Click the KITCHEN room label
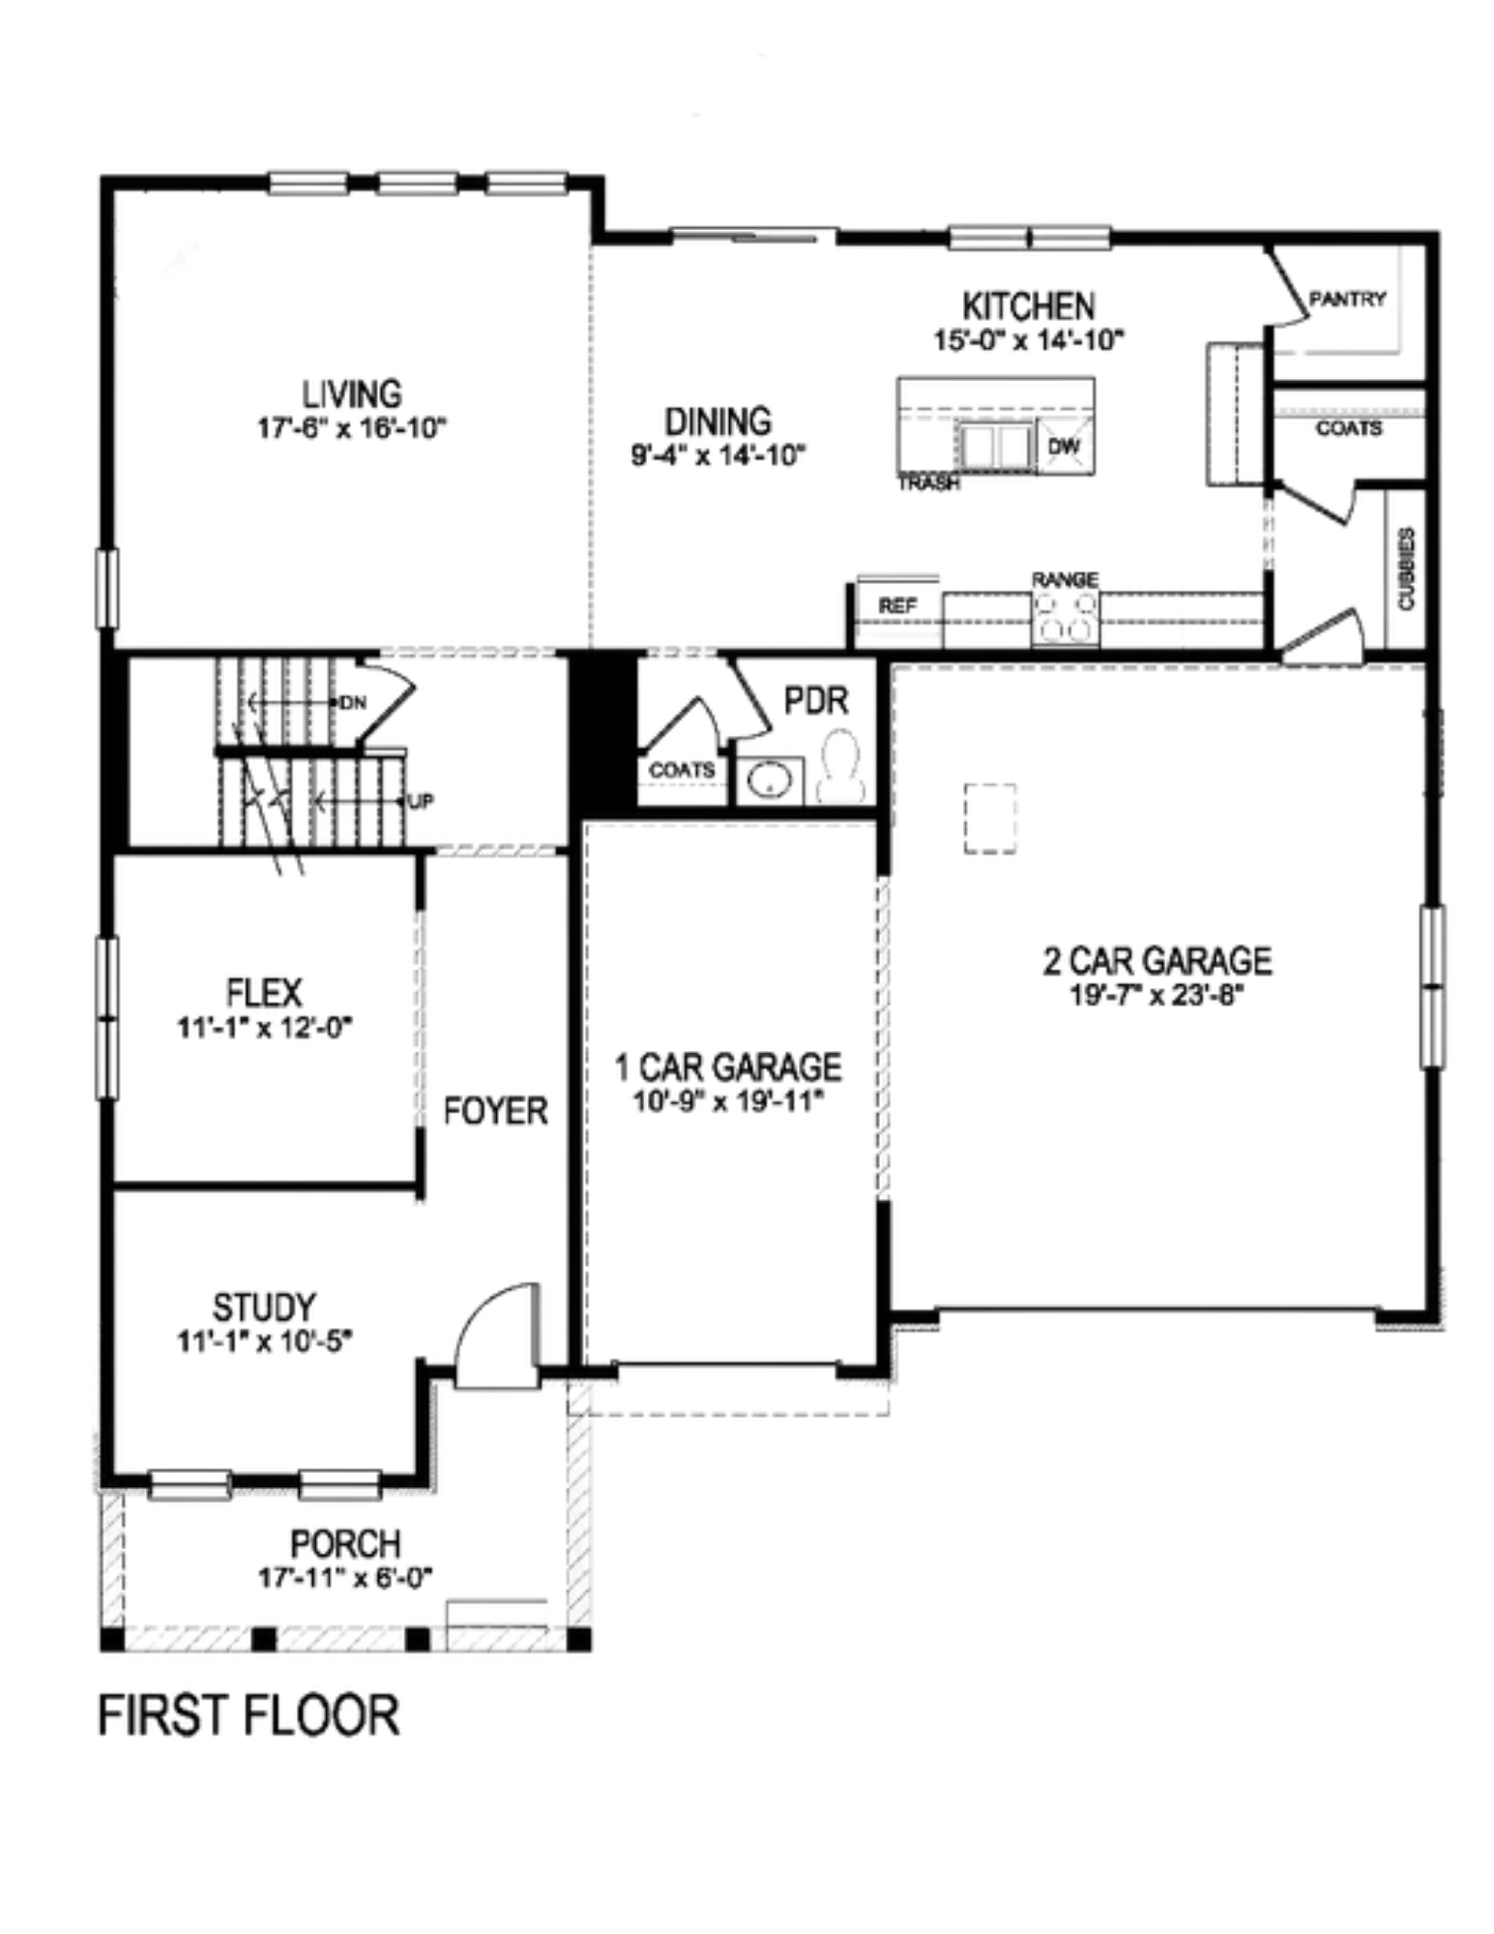[1028, 307]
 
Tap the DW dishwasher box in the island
[1064, 447]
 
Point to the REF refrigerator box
[896, 606]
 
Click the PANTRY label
[1347, 299]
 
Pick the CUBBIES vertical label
[1406, 569]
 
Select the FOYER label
[495, 1111]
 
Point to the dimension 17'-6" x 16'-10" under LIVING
[352, 428]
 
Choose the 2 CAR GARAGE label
[1157, 960]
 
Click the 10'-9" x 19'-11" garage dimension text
[728, 1102]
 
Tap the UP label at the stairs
[422, 802]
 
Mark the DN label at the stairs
[353, 702]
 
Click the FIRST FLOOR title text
[249, 1715]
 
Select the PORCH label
[345, 1543]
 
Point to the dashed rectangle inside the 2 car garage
[989, 818]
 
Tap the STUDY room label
[264, 1307]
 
